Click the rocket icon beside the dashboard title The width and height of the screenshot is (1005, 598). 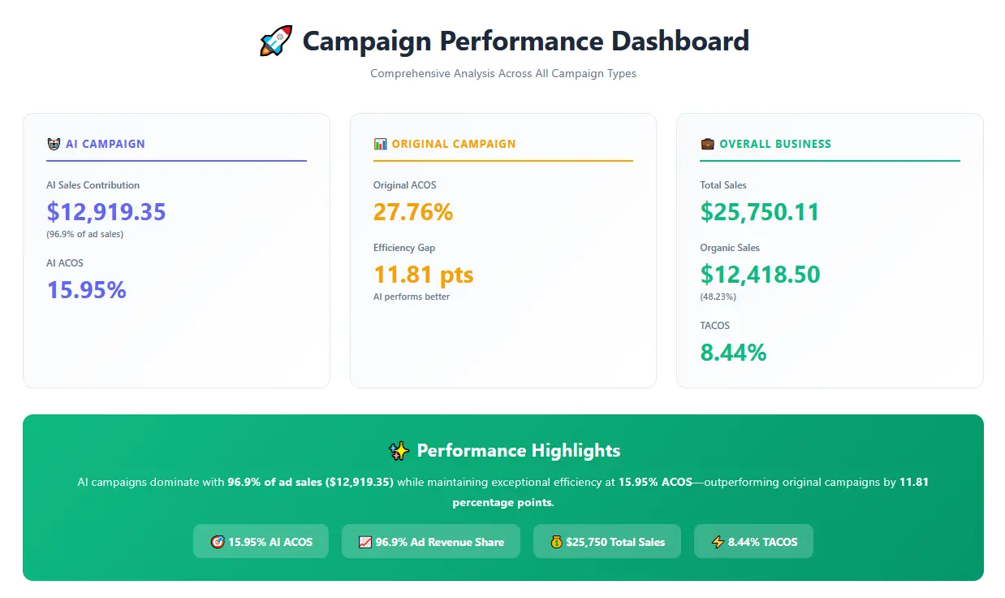[276, 41]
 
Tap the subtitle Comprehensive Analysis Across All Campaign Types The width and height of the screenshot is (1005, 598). [502, 73]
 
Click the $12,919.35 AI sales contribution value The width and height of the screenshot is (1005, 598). [106, 212]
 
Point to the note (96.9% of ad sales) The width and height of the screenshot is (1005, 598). [85, 234]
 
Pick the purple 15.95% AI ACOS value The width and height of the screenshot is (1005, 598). [87, 290]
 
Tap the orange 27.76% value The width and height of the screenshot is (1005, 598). [413, 212]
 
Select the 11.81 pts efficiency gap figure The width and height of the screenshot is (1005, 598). [423, 275]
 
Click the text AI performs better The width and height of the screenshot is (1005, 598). [412, 297]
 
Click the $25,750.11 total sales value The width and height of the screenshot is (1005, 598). [760, 212]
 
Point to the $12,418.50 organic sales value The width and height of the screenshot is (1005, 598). [760, 275]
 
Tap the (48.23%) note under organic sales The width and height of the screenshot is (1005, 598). [718, 297]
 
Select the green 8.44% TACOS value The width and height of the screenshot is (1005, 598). [733, 353]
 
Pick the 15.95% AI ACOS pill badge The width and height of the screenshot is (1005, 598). [261, 542]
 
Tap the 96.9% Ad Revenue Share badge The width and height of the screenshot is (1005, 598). [430, 542]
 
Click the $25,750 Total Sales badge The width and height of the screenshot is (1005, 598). [606, 542]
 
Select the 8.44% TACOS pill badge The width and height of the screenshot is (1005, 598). [753, 542]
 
